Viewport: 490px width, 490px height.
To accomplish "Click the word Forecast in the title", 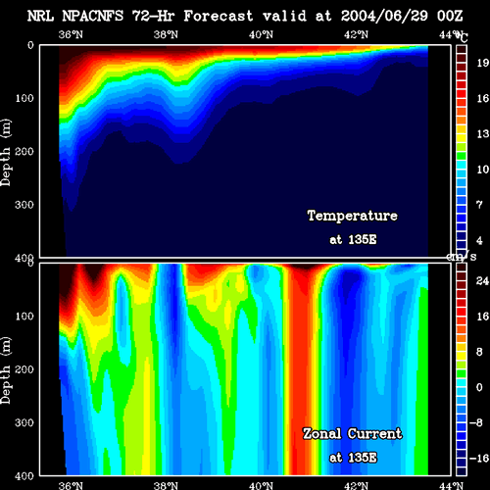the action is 219,16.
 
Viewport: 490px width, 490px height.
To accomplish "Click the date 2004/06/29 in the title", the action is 384,16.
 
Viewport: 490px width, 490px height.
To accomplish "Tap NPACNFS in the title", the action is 93,16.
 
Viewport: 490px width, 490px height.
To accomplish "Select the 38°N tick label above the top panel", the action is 166,34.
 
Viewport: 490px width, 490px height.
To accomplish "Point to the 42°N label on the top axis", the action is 356,34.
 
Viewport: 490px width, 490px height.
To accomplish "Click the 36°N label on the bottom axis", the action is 71,485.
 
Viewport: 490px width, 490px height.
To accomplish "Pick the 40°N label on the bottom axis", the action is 261,485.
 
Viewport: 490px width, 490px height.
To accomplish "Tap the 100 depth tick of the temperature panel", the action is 24,98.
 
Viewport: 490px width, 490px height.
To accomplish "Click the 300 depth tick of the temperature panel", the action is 24,205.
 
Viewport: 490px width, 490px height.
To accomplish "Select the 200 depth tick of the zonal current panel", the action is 24,369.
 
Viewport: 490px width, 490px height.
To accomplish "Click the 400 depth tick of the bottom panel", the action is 24,476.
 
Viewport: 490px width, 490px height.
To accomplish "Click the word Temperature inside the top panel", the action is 353,216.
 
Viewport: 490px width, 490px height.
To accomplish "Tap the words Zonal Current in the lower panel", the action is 353,434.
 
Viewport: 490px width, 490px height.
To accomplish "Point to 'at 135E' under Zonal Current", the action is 353,458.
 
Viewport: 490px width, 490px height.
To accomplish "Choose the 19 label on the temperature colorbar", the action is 482,63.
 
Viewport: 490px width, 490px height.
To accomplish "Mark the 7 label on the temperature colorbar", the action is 479,205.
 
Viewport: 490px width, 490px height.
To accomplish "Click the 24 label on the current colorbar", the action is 482,281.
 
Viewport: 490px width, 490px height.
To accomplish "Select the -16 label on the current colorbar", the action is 479,459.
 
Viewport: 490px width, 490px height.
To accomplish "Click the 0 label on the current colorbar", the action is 479,387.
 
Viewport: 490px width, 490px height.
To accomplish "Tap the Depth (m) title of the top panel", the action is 6,152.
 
